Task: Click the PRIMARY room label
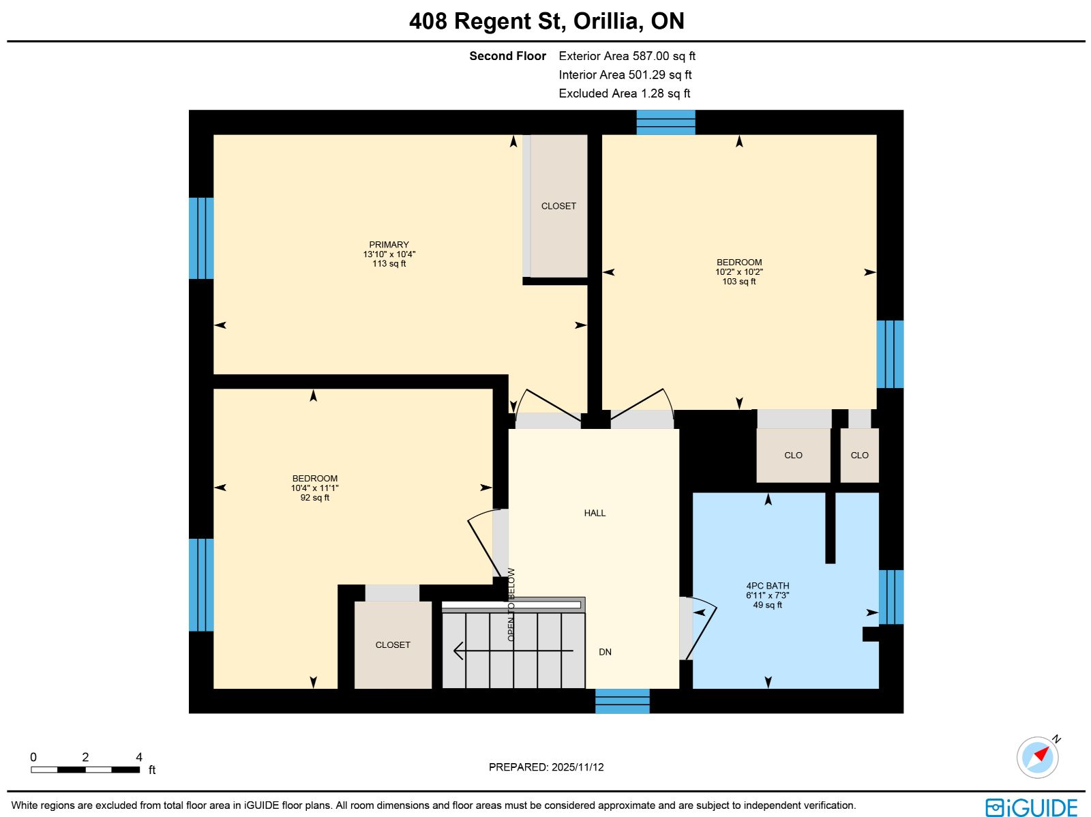click(x=389, y=245)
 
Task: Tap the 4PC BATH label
click(x=767, y=585)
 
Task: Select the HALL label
click(x=595, y=513)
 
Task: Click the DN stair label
click(x=605, y=651)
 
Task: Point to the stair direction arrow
click(x=513, y=651)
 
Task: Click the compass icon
click(x=1038, y=757)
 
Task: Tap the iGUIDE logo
click(x=1032, y=807)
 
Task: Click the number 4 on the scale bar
click(x=139, y=757)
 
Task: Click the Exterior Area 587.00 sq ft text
click(x=627, y=56)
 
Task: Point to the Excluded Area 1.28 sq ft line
click(x=625, y=93)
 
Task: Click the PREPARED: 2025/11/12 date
click(x=546, y=767)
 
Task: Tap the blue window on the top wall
click(x=666, y=122)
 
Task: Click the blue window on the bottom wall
click(x=623, y=700)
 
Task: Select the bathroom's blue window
click(x=891, y=597)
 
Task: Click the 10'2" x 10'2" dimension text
click(x=739, y=272)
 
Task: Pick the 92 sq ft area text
click(x=314, y=497)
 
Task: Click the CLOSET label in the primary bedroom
click(x=558, y=206)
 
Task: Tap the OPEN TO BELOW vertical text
click(x=511, y=604)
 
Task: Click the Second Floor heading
click(x=507, y=56)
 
